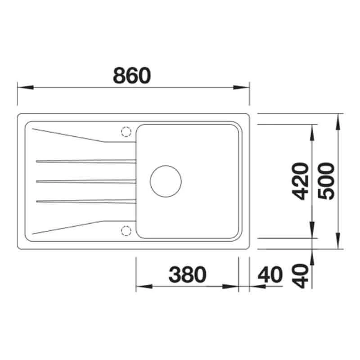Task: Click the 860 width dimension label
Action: point(131,76)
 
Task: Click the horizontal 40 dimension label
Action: point(270,274)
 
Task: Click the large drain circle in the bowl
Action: point(166,181)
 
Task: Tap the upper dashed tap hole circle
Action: point(125,131)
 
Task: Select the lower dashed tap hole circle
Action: point(125,231)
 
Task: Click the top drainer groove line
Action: point(85,161)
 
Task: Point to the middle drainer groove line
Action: point(85,181)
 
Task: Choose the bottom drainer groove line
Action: point(85,201)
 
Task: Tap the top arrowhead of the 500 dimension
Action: point(338,118)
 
